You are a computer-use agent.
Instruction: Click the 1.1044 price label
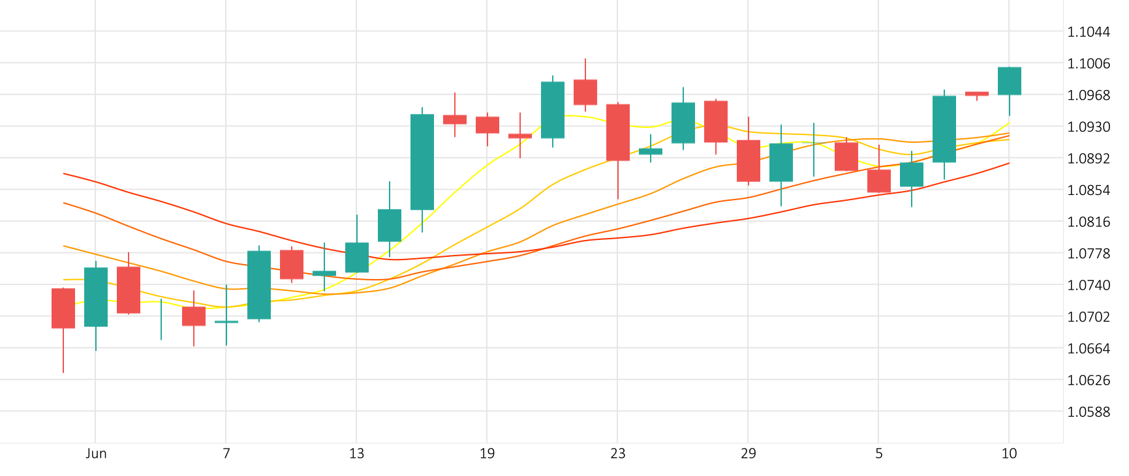pos(1088,32)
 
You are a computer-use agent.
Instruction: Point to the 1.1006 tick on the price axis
pos(1088,63)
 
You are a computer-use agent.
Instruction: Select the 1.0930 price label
pos(1088,126)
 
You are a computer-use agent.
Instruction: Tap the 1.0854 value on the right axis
pos(1088,190)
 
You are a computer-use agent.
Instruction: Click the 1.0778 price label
pos(1088,254)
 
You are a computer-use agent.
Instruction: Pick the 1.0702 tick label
pos(1088,317)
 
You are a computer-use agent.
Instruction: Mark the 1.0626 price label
pos(1088,380)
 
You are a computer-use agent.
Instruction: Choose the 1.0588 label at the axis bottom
pos(1088,411)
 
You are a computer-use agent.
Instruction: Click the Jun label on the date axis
pos(96,454)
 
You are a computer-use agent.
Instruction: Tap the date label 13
pos(356,454)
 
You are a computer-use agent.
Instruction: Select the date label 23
pos(617,454)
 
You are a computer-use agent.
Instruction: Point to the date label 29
pos(748,454)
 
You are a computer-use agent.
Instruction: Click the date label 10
pos(1009,454)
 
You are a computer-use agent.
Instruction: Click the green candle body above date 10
pos(1009,81)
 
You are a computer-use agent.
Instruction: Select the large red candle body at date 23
pos(617,132)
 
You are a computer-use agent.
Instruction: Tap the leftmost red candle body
pos(63,308)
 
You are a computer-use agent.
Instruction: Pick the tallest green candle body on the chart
pos(422,162)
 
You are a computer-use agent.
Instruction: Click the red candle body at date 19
pos(487,125)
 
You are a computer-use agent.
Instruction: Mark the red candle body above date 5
pos(878,181)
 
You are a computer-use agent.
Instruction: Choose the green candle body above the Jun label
pos(96,297)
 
